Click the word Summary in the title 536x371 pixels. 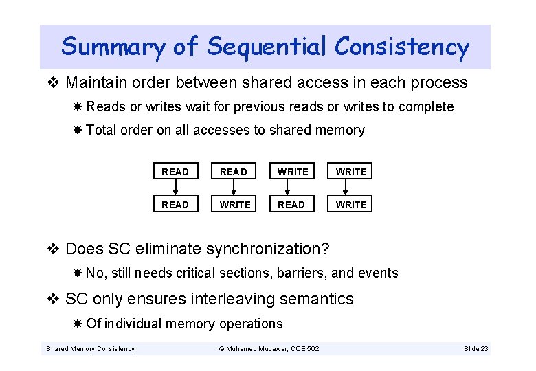113,47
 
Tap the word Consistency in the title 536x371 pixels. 402,47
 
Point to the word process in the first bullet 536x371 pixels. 439,83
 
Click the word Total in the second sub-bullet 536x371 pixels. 102,130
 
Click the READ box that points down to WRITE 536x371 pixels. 234,171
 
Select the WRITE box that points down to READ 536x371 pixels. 293,171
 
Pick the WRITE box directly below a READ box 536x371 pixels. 234,204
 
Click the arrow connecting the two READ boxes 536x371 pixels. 175,188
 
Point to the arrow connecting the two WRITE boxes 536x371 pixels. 351,188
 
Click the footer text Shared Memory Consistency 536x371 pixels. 90,349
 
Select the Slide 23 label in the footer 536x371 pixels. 476,349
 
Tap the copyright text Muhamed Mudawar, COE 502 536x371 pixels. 269,349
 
